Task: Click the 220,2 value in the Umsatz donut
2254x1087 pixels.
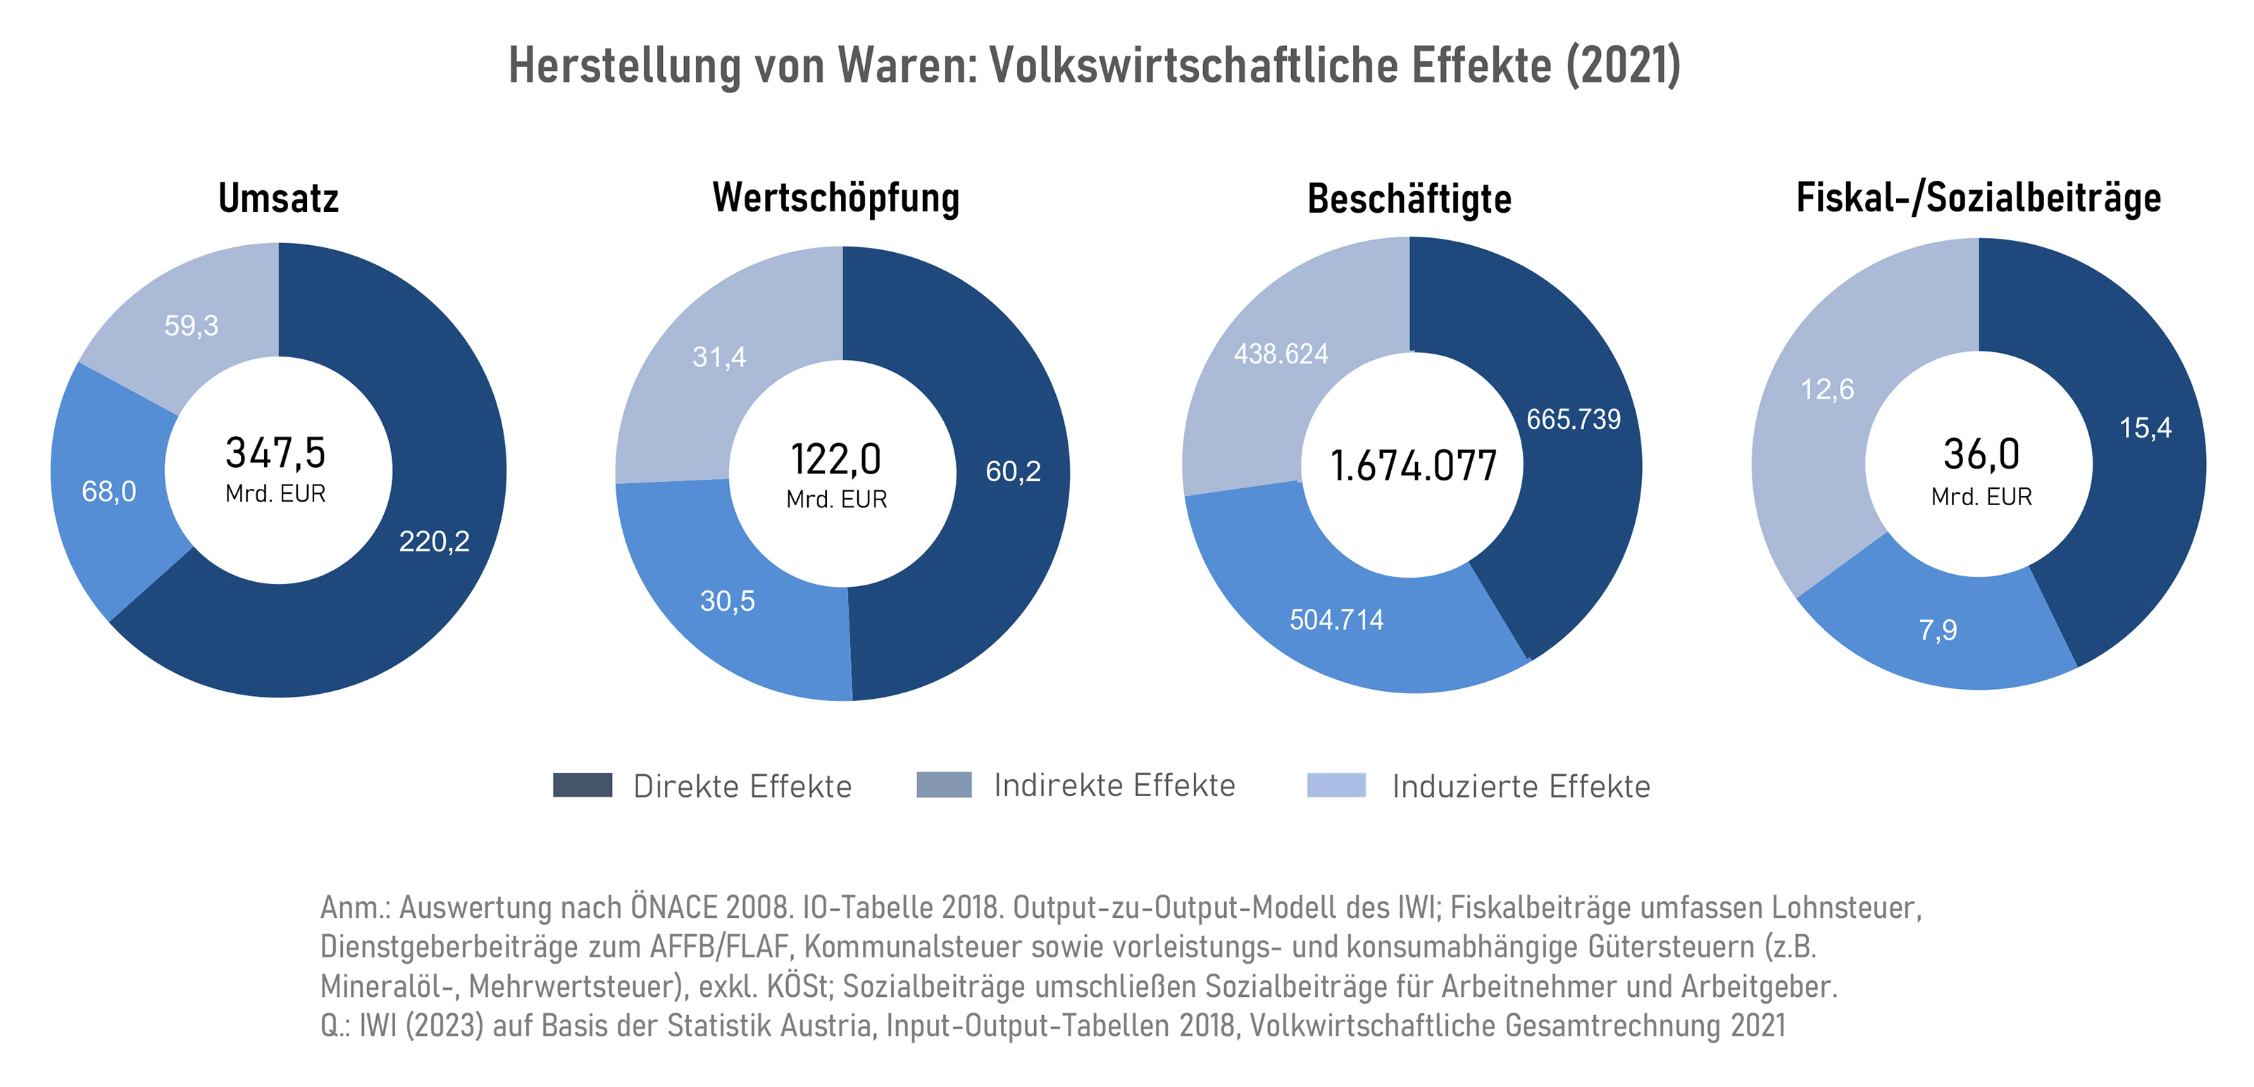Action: point(434,542)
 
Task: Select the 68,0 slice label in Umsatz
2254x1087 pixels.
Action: point(108,492)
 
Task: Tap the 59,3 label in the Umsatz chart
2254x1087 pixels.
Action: point(191,325)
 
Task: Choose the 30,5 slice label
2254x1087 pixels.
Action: point(727,601)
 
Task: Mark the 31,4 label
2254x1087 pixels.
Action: point(719,357)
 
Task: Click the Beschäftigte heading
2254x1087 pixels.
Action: point(1409,199)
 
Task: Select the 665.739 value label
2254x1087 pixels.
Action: point(1574,419)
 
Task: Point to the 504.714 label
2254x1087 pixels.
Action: point(1336,620)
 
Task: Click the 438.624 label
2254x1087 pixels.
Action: point(1281,354)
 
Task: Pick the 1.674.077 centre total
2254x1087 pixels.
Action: point(1413,466)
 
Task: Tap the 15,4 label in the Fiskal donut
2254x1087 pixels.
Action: point(2145,428)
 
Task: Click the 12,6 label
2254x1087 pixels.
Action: point(1827,389)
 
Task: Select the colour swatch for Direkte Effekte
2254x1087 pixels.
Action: point(582,785)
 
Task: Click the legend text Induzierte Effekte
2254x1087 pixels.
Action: point(1521,786)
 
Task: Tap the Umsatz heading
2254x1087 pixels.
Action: point(278,199)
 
